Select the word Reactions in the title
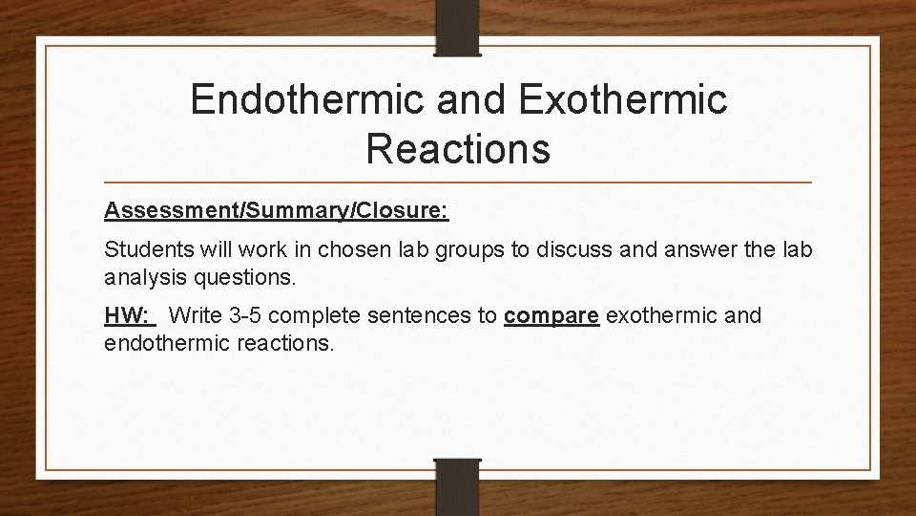coord(457,149)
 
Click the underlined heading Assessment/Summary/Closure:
coord(277,210)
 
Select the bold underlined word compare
coord(551,316)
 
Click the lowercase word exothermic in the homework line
coord(664,316)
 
